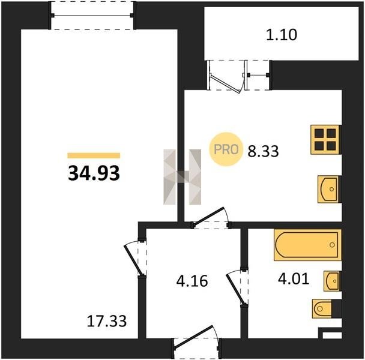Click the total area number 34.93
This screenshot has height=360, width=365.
pos(94,173)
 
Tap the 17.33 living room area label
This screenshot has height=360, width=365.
pos(107,321)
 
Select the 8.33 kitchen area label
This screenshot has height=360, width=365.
pos(263,151)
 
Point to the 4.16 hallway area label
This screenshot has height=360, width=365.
pos(192,281)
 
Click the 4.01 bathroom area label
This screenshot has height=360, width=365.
pos(294,278)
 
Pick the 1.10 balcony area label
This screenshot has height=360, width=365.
pos(282,35)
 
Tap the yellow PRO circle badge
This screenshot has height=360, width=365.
pos(226,149)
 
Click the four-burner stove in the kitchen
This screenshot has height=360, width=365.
pos(325,140)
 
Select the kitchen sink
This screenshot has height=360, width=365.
pos(330,189)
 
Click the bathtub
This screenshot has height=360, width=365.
pos(307,245)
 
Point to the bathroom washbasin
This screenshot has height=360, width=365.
pos(332,281)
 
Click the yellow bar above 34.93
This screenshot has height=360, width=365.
pos(94,155)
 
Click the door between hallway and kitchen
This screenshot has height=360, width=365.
pos(210,218)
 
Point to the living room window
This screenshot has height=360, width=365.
pos(92,16)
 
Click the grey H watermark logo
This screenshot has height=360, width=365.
pos(182,177)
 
